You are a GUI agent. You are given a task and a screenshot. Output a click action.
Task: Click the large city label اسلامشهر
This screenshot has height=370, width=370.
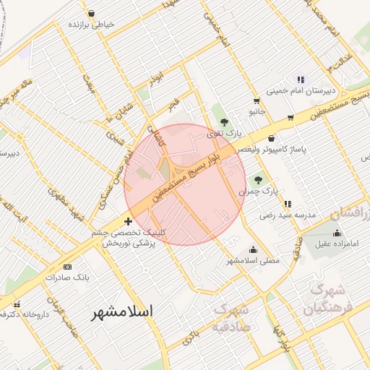tap(123, 313)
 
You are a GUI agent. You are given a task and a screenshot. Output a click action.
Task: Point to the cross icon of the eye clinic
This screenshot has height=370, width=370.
tap(129, 221)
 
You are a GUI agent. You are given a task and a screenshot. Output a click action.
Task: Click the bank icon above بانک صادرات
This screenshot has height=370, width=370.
tap(68, 267)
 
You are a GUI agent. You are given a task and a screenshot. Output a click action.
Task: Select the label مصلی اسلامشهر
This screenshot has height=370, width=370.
tap(253, 259)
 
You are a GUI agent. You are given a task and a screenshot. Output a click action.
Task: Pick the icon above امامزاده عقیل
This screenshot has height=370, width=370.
tap(336, 232)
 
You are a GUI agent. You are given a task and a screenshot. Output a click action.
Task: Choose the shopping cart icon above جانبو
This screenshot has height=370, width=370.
tap(257, 101)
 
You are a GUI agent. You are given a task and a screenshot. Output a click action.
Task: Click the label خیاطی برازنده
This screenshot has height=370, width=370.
tap(91, 25)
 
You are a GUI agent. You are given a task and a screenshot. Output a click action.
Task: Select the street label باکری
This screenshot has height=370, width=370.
tap(190, 339)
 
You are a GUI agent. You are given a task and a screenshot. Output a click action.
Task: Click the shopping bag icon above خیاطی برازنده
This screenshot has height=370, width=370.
tap(91, 13)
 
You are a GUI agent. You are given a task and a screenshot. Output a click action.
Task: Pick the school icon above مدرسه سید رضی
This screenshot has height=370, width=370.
tap(288, 204)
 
